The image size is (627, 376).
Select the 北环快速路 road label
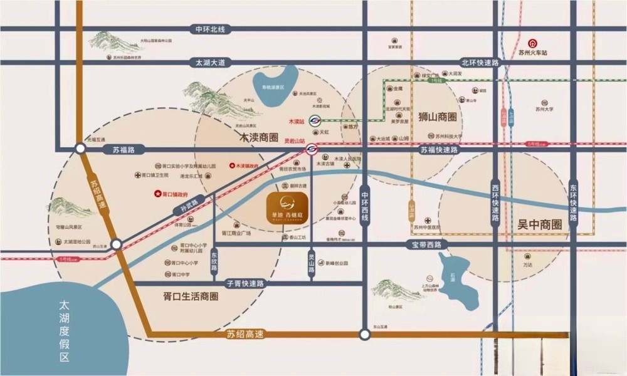480,63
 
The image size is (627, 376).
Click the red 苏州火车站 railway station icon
532,43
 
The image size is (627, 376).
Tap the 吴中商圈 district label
539,224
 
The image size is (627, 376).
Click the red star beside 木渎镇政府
230,166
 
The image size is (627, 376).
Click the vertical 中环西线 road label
365,207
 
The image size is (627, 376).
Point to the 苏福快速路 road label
439,150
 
